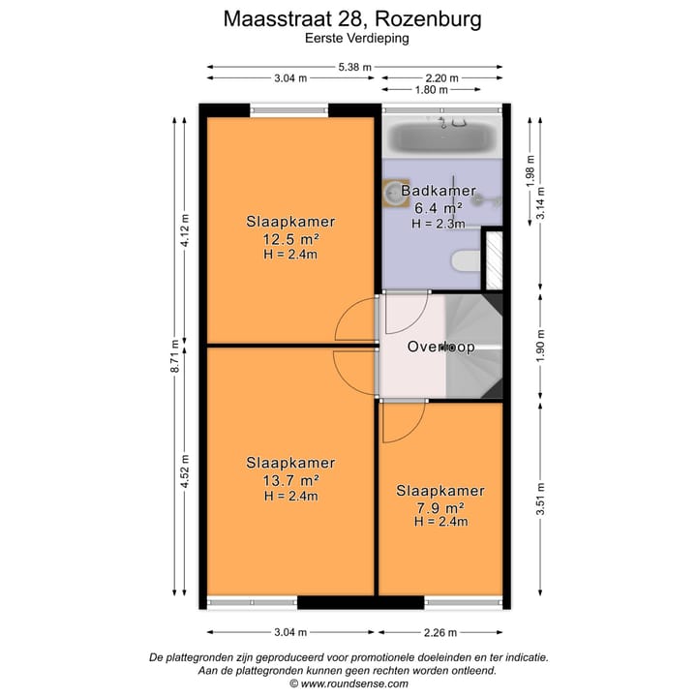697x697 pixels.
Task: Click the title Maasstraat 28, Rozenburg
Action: [x=352, y=19]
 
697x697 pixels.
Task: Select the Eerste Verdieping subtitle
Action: [x=357, y=38]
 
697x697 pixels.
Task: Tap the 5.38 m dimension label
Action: [x=354, y=67]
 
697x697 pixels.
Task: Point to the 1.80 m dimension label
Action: [x=431, y=90]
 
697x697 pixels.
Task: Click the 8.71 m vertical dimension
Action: [x=174, y=356]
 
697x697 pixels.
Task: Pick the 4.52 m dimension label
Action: [x=185, y=471]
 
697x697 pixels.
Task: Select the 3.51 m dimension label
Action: [x=540, y=499]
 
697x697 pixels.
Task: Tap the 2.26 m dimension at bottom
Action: [x=440, y=632]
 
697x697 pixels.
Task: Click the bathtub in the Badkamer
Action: [x=441, y=136]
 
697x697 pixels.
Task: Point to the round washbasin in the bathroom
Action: [x=396, y=194]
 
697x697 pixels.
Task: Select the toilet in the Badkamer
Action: [x=466, y=261]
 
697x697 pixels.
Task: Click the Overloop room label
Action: [x=441, y=347]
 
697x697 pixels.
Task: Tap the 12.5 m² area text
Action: [x=290, y=239]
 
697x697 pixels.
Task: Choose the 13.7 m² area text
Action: [x=290, y=480]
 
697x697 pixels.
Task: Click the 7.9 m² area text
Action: [x=440, y=507]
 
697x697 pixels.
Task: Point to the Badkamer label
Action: [x=439, y=191]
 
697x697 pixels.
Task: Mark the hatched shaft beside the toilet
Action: [x=494, y=260]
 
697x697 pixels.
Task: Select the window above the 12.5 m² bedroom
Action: [x=288, y=109]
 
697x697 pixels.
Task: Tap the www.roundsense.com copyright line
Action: [x=348, y=683]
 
